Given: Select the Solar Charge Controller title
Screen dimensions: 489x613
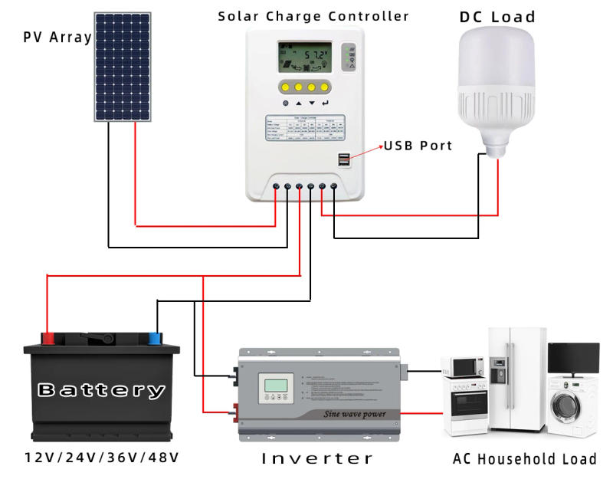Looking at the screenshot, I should click(313, 15).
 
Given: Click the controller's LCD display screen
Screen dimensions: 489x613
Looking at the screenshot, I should click(304, 56).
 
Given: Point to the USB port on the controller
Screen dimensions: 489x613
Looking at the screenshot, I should click(343, 161).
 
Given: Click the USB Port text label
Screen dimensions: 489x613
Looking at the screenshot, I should click(418, 146).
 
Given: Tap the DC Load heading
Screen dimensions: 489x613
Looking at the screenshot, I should click(497, 16).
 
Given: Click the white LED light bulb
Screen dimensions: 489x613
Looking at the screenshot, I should click(497, 88).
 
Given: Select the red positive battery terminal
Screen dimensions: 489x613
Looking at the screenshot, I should click(48, 338).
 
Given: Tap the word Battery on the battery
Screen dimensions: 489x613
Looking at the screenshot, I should click(101, 390).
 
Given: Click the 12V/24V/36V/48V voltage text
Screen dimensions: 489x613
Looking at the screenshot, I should click(101, 458).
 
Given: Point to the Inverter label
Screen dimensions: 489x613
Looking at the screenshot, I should click(317, 459).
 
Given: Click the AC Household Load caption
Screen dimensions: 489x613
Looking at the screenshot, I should click(524, 459).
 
